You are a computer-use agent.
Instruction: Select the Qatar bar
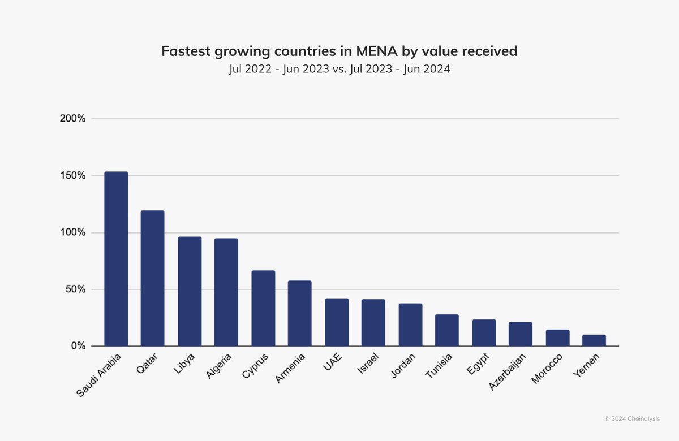(x=152, y=278)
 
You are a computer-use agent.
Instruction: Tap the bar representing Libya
(x=190, y=291)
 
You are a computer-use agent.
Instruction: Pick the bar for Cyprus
(x=263, y=308)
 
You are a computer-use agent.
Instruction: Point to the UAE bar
(x=337, y=322)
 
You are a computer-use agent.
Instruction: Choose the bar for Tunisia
(x=447, y=330)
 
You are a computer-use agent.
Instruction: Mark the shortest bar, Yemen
(x=594, y=340)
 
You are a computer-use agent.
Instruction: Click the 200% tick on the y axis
(x=74, y=119)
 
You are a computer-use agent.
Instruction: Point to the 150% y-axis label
(x=74, y=176)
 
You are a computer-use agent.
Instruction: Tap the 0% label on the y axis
(x=78, y=346)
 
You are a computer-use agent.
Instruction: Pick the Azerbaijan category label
(x=507, y=373)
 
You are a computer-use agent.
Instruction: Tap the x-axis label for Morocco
(x=547, y=368)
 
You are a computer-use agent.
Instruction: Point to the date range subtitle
(x=339, y=70)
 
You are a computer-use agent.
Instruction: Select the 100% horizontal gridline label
(x=74, y=232)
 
